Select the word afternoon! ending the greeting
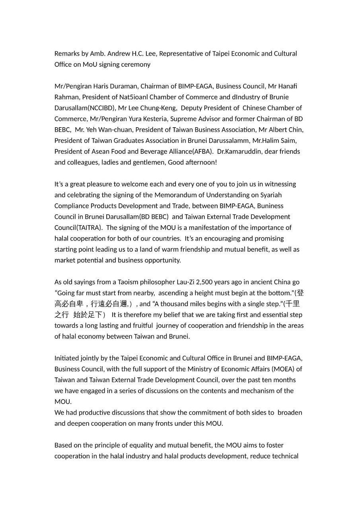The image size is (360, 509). (x=199, y=162)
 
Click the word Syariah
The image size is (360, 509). (x=282, y=195)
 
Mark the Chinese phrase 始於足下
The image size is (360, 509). (x=88, y=315)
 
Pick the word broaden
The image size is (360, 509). (x=290, y=412)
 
